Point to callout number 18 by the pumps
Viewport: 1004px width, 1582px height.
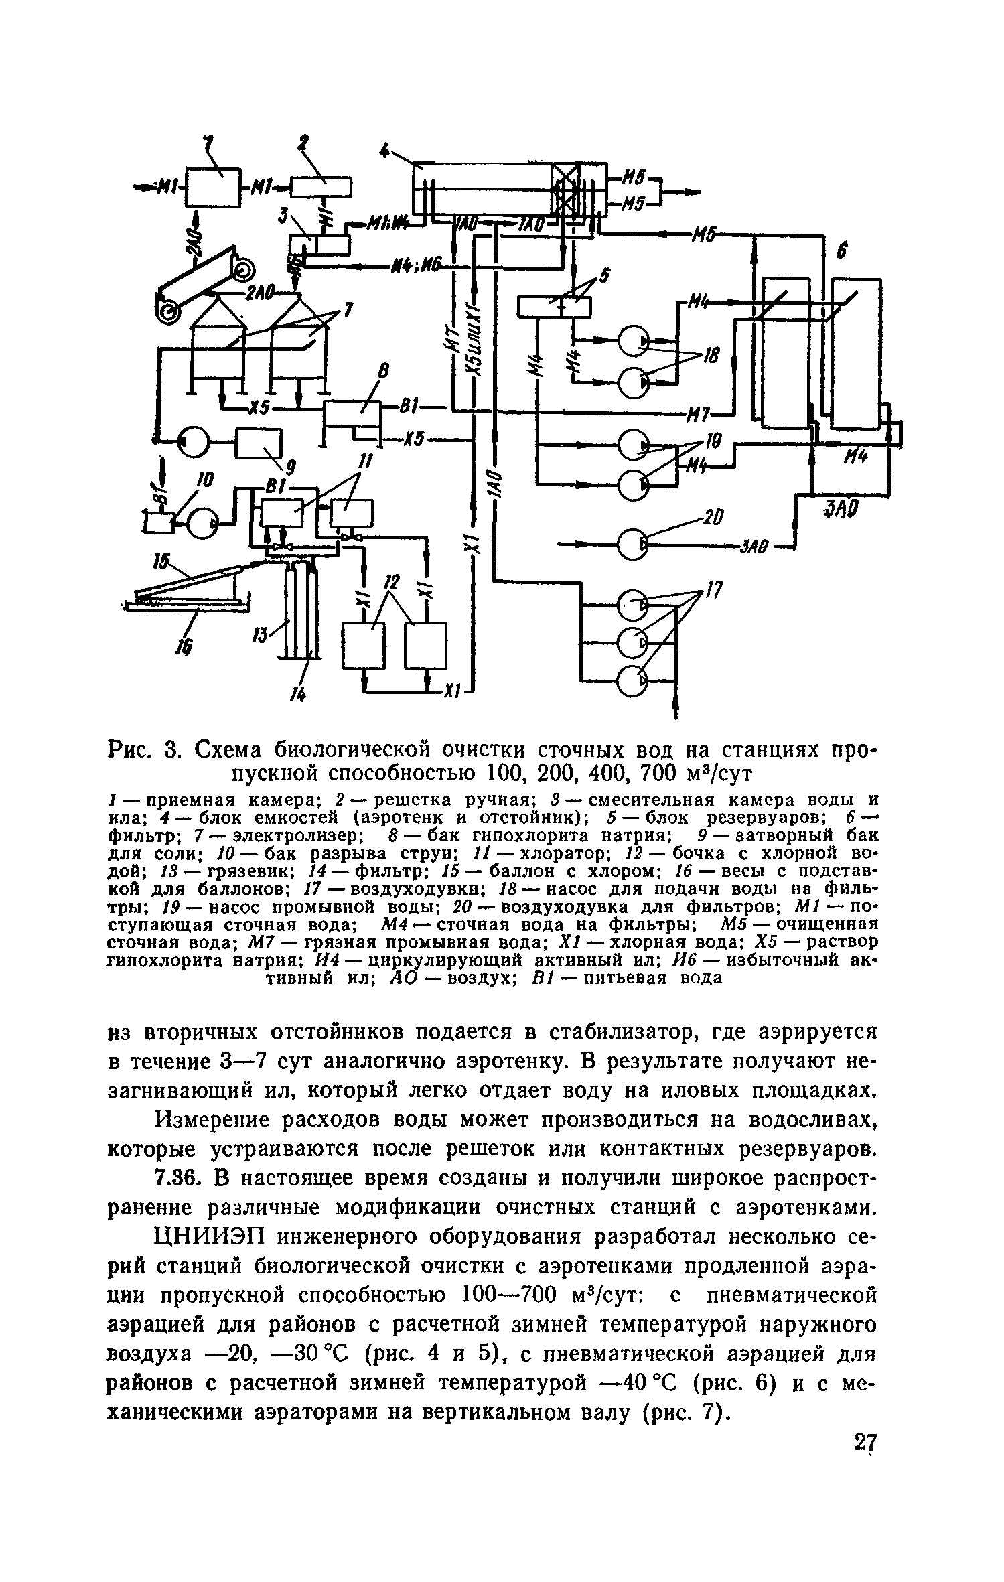pyautogui.click(x=711, y=358)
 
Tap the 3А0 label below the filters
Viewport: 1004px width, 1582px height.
pyautogui.click(x=841, y=510)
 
